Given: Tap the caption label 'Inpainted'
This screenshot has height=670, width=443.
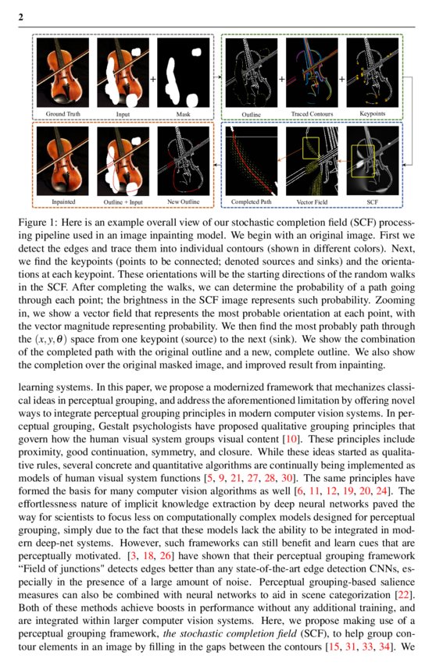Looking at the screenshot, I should point(64,202).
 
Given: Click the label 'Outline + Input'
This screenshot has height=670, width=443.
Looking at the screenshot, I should point(124,202).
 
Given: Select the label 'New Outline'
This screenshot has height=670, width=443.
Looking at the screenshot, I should point(184,202).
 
